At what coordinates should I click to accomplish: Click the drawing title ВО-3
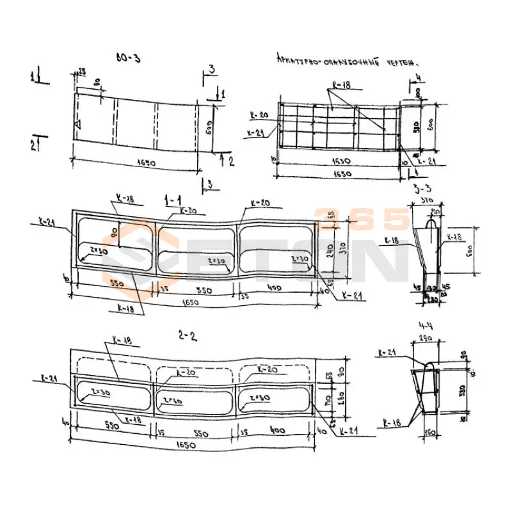[129, 58]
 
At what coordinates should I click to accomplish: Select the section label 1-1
[172, 201]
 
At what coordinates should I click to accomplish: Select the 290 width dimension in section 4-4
[424, 337]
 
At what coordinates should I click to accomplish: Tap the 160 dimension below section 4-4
[430, 433]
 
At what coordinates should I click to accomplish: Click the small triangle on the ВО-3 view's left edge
[77, 124]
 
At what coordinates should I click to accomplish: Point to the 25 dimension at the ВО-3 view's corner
[82, 70]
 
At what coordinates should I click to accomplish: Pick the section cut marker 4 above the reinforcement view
[419, 77]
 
